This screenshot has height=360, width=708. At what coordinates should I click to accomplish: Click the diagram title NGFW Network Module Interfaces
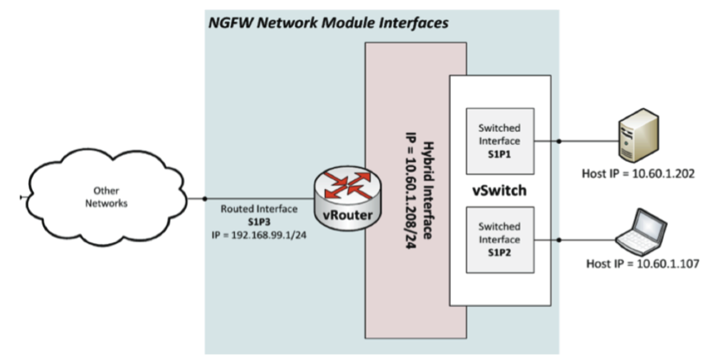coord(327,23)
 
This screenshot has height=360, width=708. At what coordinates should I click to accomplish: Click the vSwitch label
coord(500,190)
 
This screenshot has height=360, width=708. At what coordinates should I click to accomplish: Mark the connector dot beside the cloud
coord(204,198)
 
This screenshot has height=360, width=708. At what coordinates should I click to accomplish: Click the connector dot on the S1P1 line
coord(559,141)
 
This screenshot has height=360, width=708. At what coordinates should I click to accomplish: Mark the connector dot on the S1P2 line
coord(559,240)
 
